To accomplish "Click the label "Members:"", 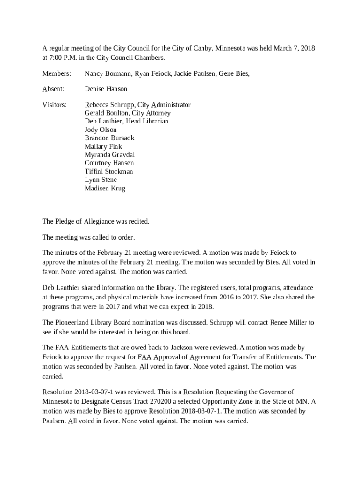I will [57, 73].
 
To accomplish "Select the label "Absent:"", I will [53, 89].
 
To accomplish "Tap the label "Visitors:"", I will [54, 105].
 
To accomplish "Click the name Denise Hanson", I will [106, 89].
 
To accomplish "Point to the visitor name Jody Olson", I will [101, 130].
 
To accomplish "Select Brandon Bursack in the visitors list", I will [109, 138].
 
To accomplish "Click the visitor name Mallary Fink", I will [103, 146].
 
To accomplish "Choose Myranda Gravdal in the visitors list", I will [110, 154].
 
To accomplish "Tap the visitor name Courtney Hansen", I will [109, 163].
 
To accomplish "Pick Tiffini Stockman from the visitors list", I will [108, 171].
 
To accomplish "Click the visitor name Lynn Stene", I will [101, 180].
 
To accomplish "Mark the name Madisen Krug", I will [105, 188].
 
